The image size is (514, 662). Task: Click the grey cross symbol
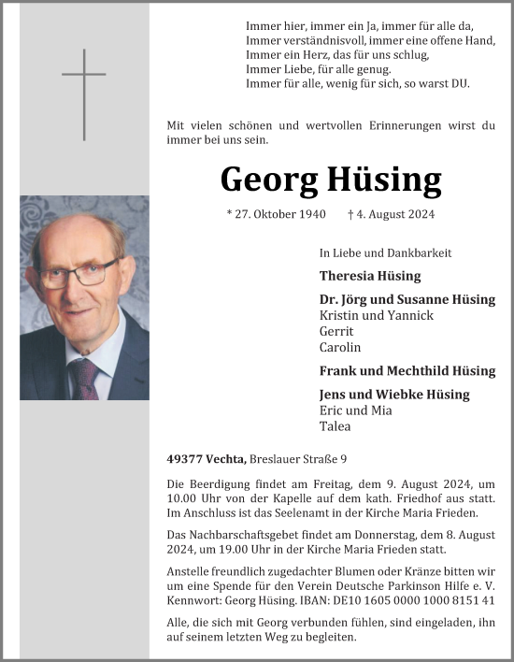pos(84,93)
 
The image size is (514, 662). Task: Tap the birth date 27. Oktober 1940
pos(277,214)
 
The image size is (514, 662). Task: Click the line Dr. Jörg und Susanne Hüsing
pos(407,299)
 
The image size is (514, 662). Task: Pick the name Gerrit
pos(336,331)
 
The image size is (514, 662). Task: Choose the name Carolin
pos(340,347)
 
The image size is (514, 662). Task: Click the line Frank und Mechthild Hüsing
pos(407,370)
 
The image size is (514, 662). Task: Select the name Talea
pos(335,425)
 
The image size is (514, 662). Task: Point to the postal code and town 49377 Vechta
pos(206,458)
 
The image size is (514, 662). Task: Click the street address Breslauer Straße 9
pos(299,458)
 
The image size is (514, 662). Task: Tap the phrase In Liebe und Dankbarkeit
pos(385,252)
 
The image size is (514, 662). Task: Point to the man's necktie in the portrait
pos(88,378)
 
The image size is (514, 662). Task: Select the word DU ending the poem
pos(461,83)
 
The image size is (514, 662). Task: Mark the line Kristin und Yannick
pos(377,315)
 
